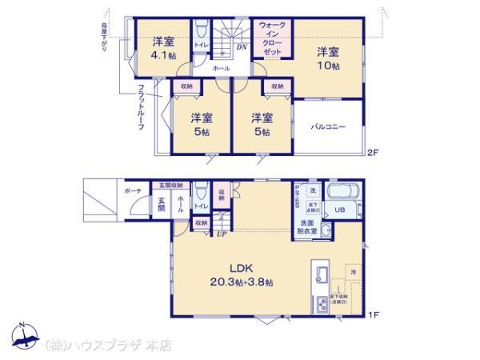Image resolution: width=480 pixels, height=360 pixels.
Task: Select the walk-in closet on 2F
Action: pyautogui.click(x=274, y=38)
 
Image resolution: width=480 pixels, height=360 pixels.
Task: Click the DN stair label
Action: pyautogui.click(x=241, y=46)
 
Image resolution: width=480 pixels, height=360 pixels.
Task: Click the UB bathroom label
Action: pyautogui.click(x=339, y=210)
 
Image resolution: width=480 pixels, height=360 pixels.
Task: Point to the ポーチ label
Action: pyautogui.click(x=132, y=192)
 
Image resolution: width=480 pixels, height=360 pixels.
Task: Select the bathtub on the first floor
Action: pyautogui.click(x=344, y=192)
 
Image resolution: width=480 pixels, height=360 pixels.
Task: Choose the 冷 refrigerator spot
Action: pyautogui.click(x=353, y=273)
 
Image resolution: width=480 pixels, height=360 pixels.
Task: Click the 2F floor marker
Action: pyautogui.click(x=372, y=152)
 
